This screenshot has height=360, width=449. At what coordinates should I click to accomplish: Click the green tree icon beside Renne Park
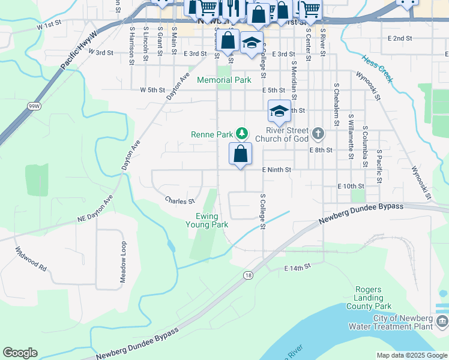[241, 133]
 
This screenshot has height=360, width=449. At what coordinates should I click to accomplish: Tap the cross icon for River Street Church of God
[318, 133]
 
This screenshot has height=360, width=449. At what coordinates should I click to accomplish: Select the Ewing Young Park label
[211, 220]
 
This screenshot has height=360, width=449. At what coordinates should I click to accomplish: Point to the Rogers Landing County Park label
[369, 298]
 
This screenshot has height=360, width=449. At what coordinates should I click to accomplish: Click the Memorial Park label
[224, 80]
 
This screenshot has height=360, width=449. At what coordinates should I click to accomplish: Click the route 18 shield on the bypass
[247, 275]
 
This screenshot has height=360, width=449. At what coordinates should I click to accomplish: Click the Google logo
[20, 353]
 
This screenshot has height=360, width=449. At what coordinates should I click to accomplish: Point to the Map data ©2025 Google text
[411, 355]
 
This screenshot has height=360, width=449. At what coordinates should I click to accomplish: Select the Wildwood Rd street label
[31, 258]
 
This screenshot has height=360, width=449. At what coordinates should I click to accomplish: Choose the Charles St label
[180, 201]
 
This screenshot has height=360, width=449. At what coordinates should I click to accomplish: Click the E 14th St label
[298, 266]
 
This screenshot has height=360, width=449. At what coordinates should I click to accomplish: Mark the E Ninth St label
[276, 170]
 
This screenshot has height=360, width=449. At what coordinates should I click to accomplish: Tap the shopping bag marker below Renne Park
[240, 154]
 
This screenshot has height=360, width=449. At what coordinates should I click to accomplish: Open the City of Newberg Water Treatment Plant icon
[442, 322]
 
